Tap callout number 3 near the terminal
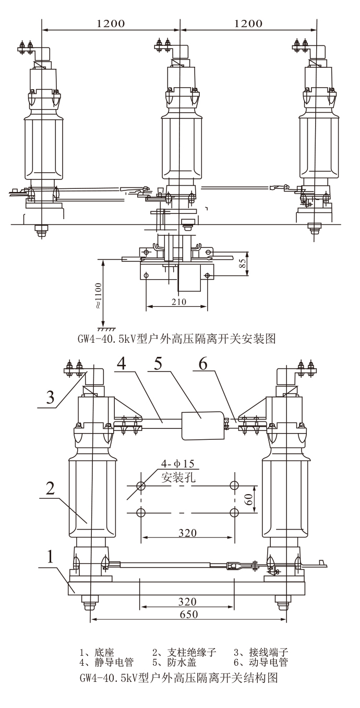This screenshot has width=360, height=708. [50, 397]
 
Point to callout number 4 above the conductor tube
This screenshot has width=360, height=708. [121, 364]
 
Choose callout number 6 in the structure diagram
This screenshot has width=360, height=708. [203, 364]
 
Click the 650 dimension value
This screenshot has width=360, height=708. [188, 615]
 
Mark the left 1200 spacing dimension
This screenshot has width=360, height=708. [111, 23]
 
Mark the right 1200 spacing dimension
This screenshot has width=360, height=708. [248, 23]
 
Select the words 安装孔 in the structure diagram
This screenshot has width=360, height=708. [177, 476]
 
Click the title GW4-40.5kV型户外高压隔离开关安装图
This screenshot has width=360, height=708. [177, 340]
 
